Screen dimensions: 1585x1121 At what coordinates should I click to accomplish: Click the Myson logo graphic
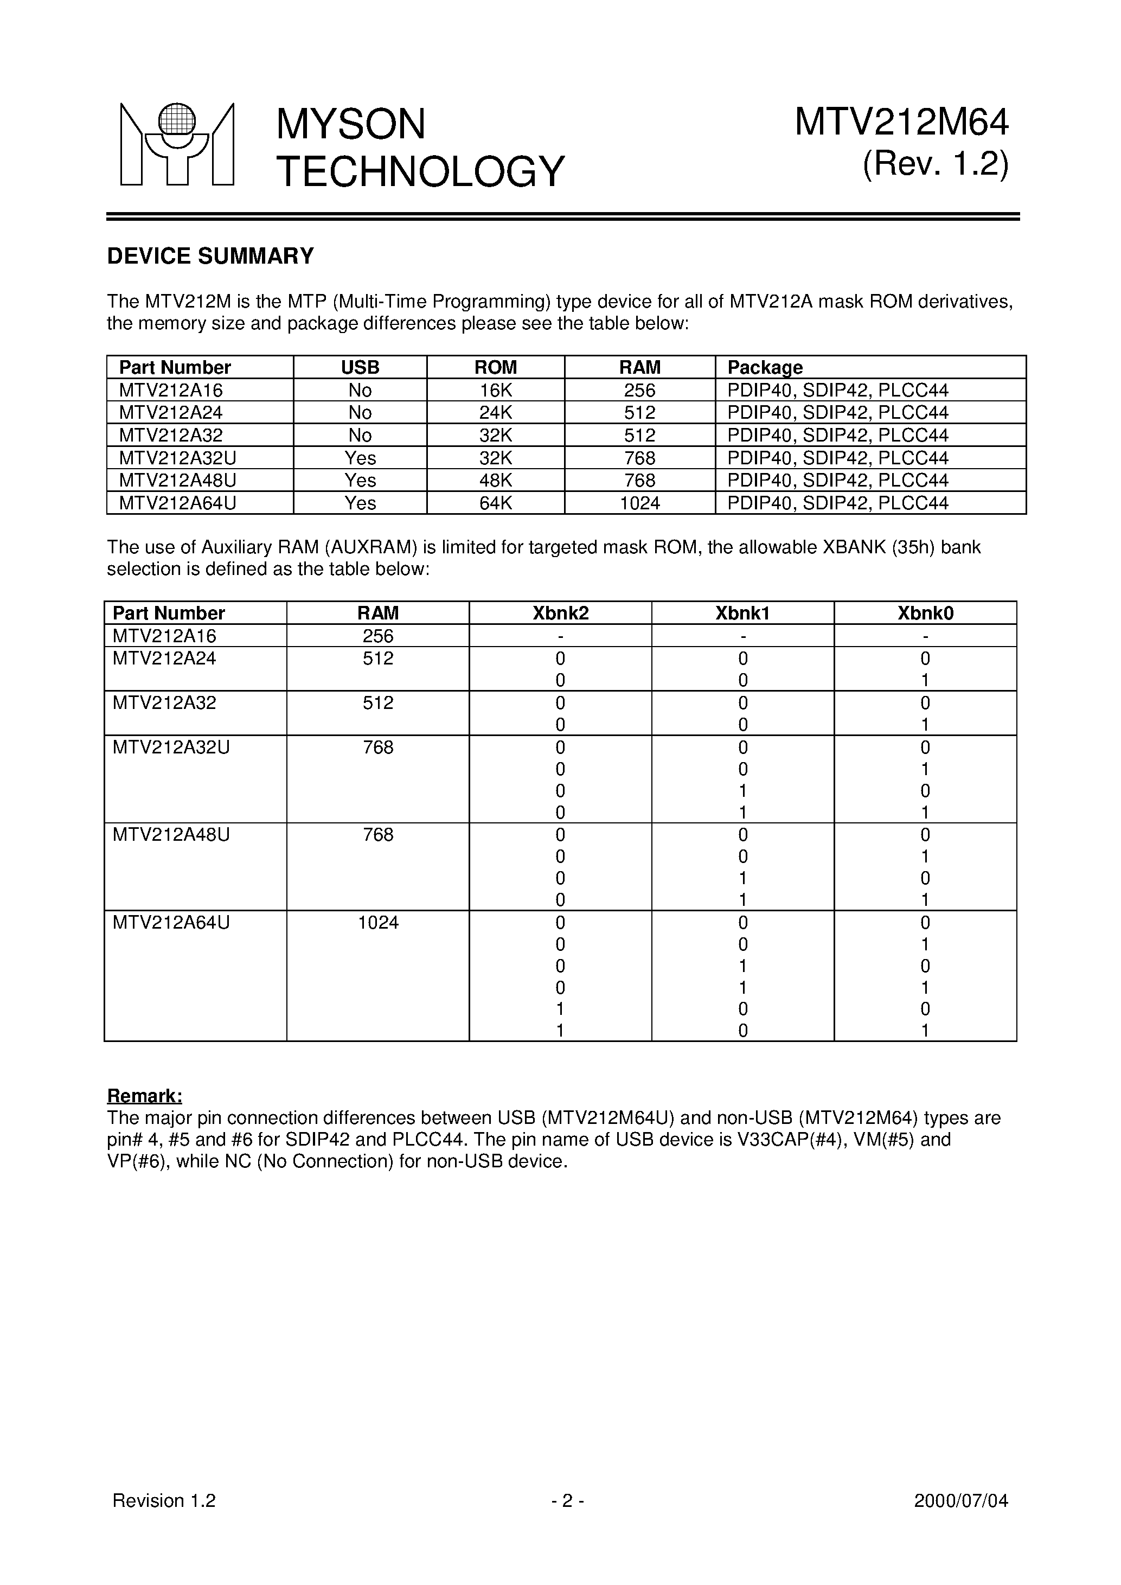point(177,144)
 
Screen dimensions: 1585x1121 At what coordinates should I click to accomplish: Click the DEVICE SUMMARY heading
point(210,256)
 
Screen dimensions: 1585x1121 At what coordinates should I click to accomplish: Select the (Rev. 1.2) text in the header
point(936,165)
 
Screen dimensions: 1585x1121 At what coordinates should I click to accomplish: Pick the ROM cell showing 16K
point(496,390)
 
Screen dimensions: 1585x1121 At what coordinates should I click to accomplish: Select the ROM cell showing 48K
point(496,481)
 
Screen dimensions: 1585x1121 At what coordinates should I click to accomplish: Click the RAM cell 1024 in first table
point(640,503)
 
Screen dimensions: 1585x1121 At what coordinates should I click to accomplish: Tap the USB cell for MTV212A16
point(360,390)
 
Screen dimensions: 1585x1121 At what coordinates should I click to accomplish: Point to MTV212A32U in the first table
point(177,458)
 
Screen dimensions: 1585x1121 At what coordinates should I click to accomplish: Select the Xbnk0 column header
point(925,613)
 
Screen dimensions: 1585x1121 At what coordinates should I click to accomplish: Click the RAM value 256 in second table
point(377,636)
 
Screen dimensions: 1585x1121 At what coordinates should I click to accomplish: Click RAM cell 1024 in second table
point(377,922)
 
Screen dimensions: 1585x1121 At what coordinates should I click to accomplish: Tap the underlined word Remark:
point(144,1096)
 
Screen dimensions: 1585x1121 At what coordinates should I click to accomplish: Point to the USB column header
point(360,367)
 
